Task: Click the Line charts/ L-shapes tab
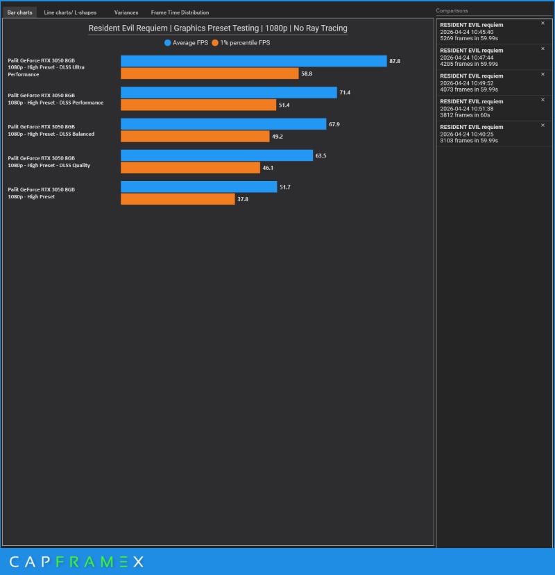tap(70, 12)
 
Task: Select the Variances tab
tap(126, 12)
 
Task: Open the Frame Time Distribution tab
tap(180, 12)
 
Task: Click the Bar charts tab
tap(20, 12)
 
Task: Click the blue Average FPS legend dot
tap(168, 43)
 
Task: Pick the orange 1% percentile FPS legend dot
tap(215, 43)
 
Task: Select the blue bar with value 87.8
tap(254, 61)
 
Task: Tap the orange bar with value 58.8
tap(210, 74)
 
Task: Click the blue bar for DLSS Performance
tap(229, 92)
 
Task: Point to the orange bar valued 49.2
tap(195, 137)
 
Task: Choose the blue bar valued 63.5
tap(216, 155)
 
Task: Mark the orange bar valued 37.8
tap(178, 199)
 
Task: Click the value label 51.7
tap(285, 187)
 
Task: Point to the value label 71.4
tap(345, 92)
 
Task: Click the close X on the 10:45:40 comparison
tap(543, 23)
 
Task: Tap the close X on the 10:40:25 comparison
tap(543, 125)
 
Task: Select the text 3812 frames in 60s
tap(465, 115)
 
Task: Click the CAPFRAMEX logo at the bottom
tap(77, 561)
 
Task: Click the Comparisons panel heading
tap(452, 10)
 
